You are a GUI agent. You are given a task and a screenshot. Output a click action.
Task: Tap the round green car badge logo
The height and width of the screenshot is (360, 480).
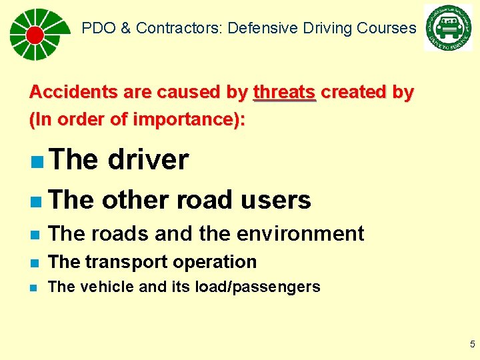448,28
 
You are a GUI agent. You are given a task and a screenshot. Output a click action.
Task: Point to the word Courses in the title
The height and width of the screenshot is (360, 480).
387,28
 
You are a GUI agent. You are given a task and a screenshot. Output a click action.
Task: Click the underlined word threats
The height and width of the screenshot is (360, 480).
285,92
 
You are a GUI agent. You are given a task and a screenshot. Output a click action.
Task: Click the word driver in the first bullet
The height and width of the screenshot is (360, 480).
148,160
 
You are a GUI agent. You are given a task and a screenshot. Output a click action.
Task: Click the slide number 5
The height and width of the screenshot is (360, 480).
472,345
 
